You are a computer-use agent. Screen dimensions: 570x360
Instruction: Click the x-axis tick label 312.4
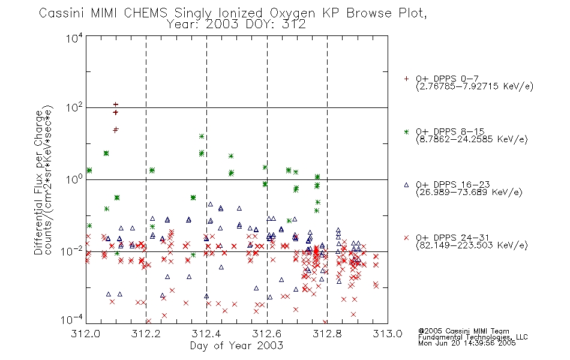coord(206,334)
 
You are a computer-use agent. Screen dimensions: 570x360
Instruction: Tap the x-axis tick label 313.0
coord(388,334)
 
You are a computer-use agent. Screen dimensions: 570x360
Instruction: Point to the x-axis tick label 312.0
coord(86,334)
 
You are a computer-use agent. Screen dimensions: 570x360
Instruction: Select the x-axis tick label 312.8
coord(327,334)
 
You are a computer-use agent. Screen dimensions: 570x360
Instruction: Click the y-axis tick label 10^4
coord(74,38)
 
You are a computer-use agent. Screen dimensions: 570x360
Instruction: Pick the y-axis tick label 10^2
coord(74,108)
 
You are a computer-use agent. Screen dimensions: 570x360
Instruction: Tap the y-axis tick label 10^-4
coord(72,320)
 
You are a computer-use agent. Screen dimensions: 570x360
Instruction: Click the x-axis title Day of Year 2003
coord(236,346)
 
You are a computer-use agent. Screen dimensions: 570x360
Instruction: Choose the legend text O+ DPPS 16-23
coord(453,184)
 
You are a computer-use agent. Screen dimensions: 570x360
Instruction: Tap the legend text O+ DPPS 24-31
coord(453,238)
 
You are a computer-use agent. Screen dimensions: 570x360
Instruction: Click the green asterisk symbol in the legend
coord(406,132)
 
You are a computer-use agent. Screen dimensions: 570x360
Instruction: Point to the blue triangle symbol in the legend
coord(406,185)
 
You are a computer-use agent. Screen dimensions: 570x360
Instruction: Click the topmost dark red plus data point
coord(116,105)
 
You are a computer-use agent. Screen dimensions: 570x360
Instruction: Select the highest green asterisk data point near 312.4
coord(202,136)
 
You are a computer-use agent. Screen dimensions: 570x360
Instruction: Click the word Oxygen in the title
coord(293,13)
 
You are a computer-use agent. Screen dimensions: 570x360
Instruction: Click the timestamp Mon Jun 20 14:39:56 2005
coord(467,343)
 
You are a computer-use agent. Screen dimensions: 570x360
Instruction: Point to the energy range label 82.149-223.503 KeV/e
coord(472,245)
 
